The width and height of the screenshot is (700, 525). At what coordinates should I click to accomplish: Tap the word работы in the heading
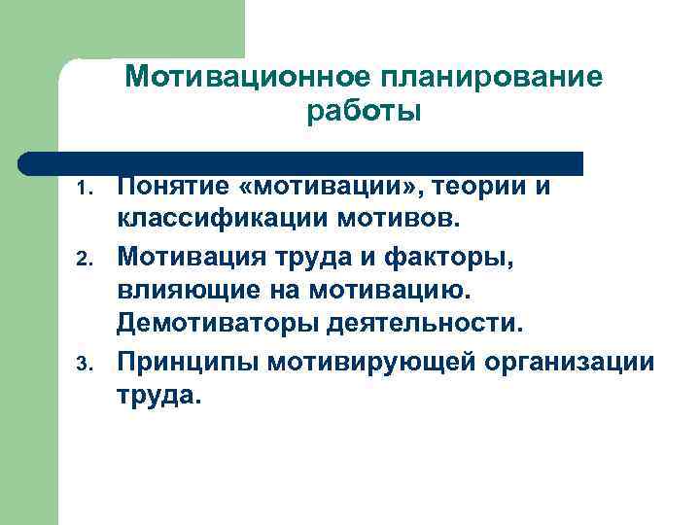coord(364,113)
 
